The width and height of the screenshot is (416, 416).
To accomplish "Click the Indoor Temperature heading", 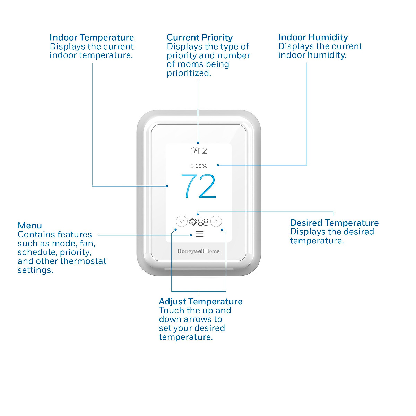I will [92, 37].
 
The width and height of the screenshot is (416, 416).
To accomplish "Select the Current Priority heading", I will [200, 37].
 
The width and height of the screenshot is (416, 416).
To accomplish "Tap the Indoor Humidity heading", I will [313, 37].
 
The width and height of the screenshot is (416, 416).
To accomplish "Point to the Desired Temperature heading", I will [334, 223].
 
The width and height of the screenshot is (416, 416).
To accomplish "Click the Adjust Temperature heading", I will [200, 302].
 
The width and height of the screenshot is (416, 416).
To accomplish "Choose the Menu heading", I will [30, 226].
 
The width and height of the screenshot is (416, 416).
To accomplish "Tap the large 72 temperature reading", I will [199, 187].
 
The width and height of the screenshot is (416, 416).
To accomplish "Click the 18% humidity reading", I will [201, 166].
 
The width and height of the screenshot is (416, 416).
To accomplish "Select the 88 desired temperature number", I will [203, 222].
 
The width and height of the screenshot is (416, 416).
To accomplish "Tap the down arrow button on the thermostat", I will [181, 222].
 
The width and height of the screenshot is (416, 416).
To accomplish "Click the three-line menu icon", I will [199, 234].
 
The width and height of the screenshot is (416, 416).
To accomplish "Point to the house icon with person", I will [195, 151].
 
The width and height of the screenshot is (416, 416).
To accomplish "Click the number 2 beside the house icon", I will [205, 151].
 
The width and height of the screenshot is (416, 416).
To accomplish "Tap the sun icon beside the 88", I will [192, 222].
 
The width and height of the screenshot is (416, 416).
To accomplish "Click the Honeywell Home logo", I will [199, 251].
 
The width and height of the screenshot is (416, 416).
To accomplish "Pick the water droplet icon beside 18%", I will [192, 166].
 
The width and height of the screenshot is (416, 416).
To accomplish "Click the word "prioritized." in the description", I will [189, 73].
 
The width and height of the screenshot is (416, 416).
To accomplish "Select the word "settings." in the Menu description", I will [35, 270].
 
